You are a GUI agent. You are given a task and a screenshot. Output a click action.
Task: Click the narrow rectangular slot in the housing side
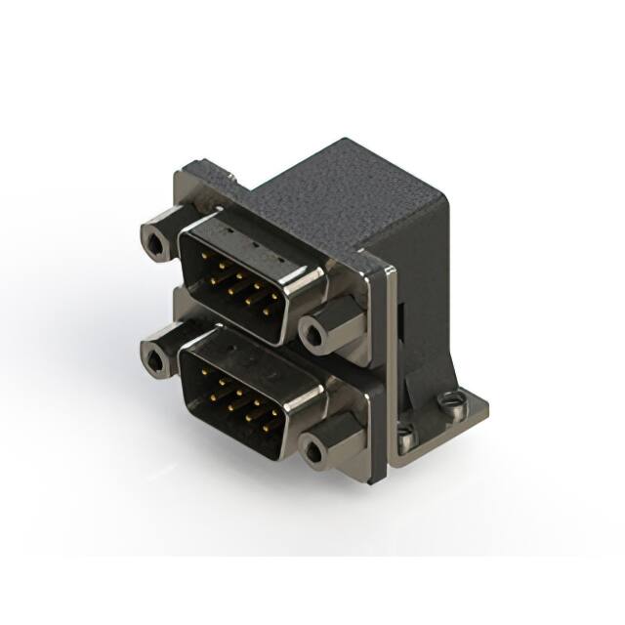coord(401,322)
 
